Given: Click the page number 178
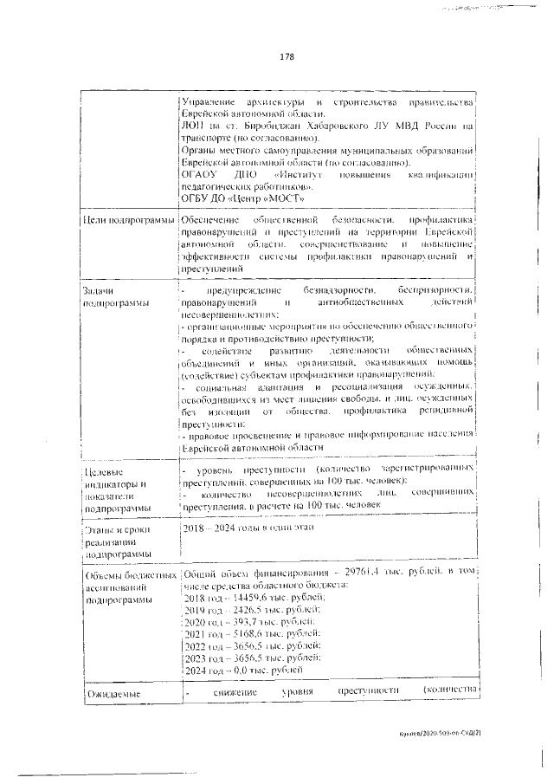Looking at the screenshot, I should tap(287, 57).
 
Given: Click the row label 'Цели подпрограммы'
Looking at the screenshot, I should tap(128, 222).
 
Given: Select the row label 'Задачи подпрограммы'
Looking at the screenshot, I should tap(112, 295).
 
